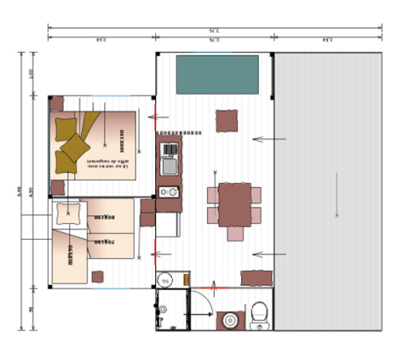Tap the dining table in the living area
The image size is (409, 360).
click(234, 203)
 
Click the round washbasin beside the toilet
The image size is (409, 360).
click(228, 320)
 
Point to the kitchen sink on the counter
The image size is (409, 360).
click(170, 167)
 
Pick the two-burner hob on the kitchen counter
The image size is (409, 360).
click(170, 151)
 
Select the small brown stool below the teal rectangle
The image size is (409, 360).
click(227, 122)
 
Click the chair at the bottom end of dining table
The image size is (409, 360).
click(235, 233)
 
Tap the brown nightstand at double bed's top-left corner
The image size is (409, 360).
click(57, 104)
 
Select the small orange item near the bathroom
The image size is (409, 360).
click(187, 278)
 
